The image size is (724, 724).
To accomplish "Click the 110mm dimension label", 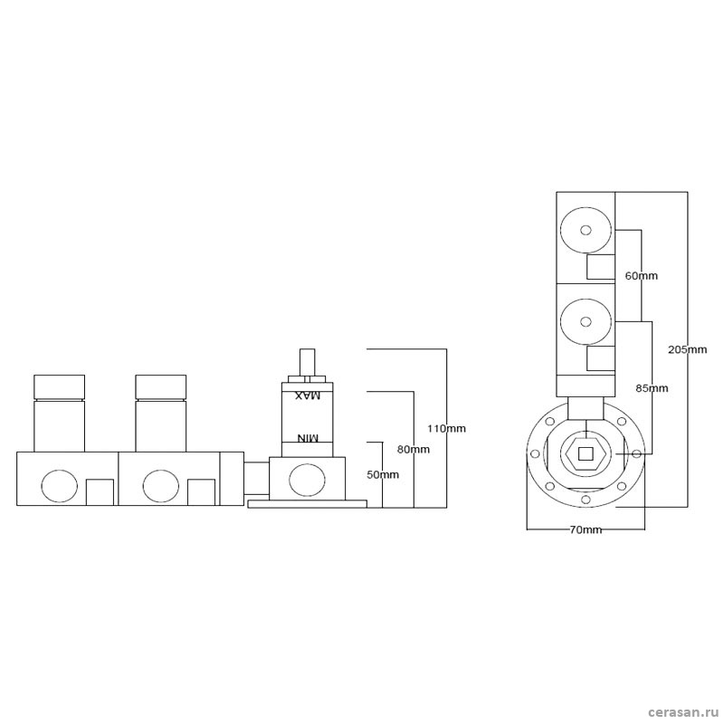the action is (x=446, y=428).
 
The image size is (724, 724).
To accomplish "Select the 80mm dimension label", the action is (x=414, y=449).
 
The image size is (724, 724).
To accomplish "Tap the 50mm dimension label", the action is (x=383, y=474).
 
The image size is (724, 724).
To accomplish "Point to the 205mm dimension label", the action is (x=688, y=349).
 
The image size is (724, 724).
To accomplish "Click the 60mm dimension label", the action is (x=641, y=276).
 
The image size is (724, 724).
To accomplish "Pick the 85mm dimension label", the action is (x=652, y=388).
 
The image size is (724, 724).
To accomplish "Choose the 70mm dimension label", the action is (x=586, y=530).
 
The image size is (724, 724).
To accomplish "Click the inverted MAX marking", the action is (x=308, y=395).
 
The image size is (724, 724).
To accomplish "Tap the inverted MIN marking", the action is (x=308, y=438).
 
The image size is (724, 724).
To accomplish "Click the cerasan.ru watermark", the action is (x=681, y=712).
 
